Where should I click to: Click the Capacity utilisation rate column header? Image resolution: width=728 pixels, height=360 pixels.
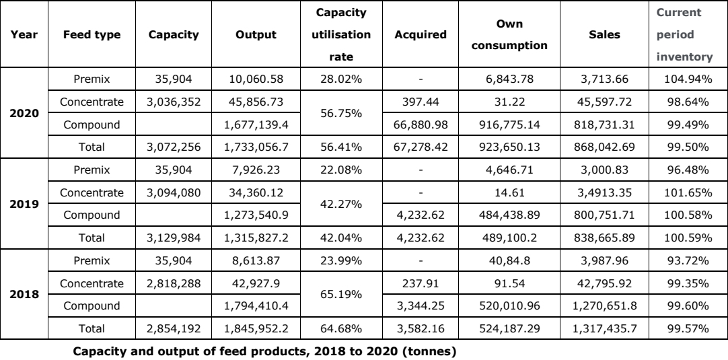tap(341, 35)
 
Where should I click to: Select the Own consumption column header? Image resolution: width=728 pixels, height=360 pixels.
tap(509, 35)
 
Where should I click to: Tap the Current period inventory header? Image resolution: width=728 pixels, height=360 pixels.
tap(684, 35)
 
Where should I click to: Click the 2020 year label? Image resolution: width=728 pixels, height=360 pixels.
tap(24, 113)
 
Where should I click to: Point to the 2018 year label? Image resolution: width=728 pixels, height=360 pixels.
tap(24, 295)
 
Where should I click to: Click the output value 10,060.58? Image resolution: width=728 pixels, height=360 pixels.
tap(256, 79)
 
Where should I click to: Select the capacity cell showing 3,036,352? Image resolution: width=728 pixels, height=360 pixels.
tap(174, 102)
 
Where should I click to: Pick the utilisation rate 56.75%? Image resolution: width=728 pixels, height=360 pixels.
tap(341, 113)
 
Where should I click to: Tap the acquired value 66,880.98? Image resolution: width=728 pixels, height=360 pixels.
tap(421, 124)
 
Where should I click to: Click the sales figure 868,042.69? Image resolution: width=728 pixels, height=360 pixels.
tap(604, 147)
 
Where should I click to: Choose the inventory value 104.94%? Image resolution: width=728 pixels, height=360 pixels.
tap(688, 79)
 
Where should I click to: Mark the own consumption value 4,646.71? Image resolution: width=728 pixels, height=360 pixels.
tap(509, 170)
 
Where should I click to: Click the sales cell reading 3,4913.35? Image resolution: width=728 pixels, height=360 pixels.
tap(604, 192)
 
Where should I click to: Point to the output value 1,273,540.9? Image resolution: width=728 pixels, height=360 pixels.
tap(256, 215)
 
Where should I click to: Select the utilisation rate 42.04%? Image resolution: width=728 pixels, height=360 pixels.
tap(341, 238)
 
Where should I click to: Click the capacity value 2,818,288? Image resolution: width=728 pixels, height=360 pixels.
tap(174, 283)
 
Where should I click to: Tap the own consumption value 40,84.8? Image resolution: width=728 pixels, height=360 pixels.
tap(509, 260)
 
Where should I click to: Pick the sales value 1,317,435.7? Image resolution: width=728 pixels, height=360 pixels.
tap(604, 328)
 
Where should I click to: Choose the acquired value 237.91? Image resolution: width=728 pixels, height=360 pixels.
tap(421, 283)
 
